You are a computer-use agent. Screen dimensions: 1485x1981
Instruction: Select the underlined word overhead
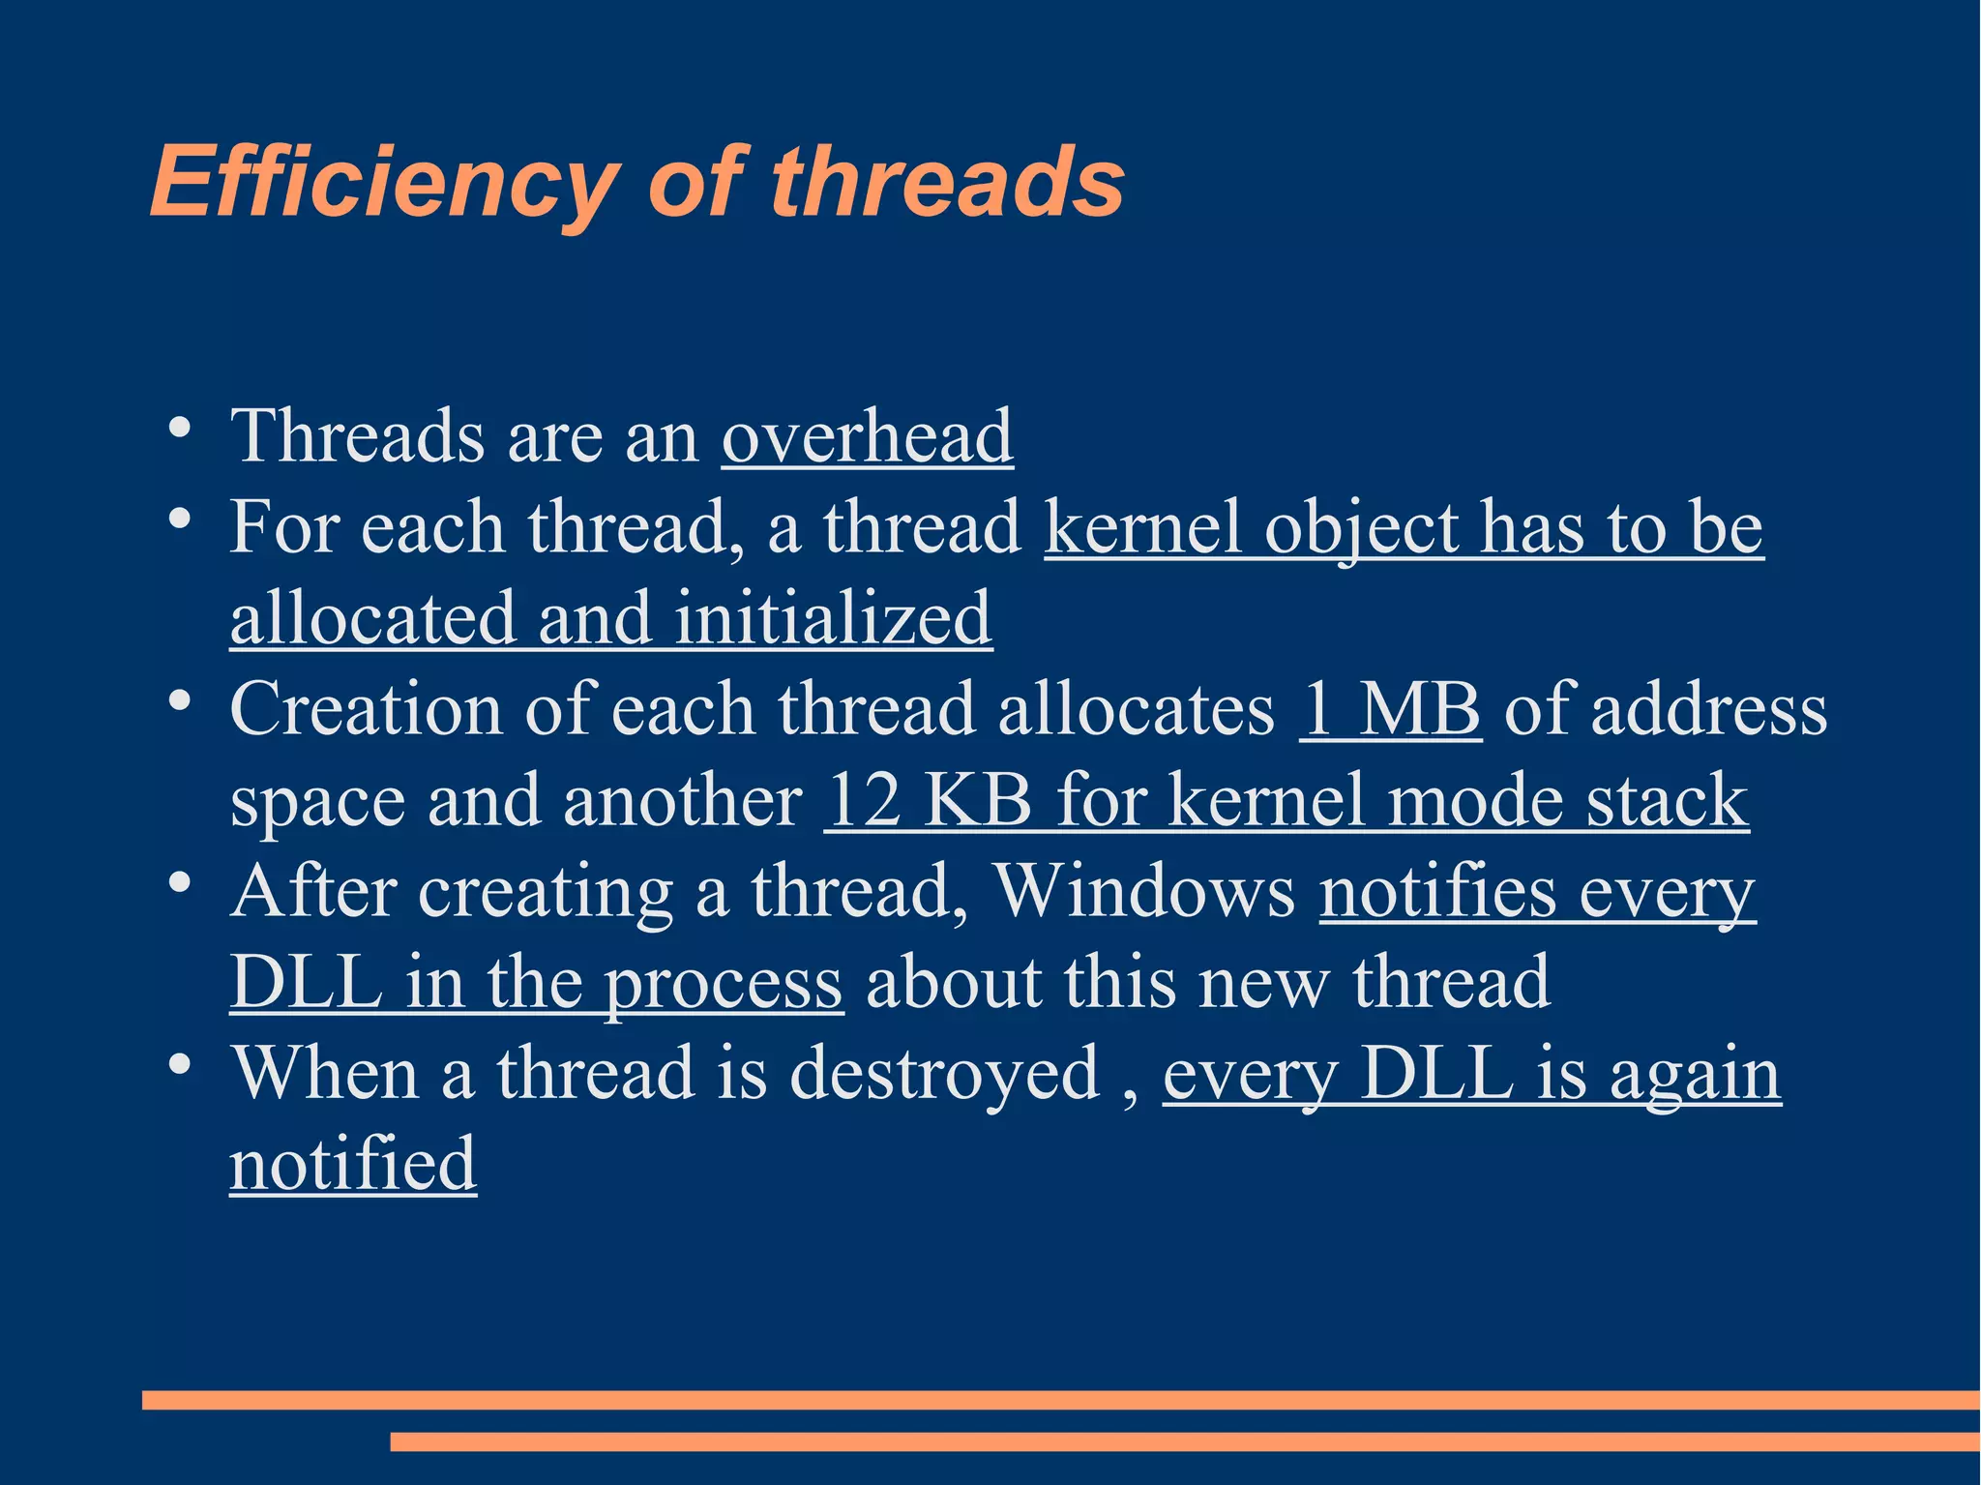[867, 436]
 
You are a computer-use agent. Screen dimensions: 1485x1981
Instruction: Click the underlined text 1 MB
[1390, 709]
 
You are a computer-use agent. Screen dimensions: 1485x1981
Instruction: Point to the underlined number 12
[864, 800]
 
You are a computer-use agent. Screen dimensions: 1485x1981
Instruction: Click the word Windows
[1144, 891]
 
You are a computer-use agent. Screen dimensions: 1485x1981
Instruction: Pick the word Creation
[366, 709]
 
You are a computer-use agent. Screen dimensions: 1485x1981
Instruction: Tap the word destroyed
[944, 1073]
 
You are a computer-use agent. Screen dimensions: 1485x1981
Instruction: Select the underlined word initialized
[833, 618]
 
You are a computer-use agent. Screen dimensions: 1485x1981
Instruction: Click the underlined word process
[723, 984]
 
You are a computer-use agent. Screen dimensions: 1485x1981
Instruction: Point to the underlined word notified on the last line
[353, 1164]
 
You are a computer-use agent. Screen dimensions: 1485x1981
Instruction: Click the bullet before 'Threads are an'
[178, 428]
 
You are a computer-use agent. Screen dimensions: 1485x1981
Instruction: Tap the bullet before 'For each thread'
[178, 519]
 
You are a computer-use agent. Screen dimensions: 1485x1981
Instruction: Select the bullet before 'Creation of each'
[178, 700]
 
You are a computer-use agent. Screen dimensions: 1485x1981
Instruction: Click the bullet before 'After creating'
[178, 882]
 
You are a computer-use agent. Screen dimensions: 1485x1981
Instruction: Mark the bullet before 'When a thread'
[178, 1064]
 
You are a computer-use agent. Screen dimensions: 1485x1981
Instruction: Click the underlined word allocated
[372, 618]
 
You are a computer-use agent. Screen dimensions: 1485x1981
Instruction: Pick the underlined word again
[1695, 1075]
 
